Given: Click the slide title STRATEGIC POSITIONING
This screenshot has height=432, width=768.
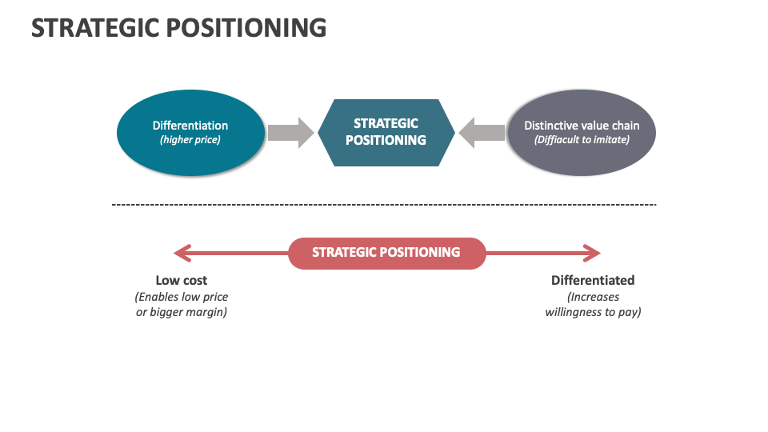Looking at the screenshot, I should tap(178, 27).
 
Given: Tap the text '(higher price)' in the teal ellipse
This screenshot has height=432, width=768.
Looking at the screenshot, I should tap(190, 140).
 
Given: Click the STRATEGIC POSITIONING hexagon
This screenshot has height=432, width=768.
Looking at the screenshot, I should tap(386, 132).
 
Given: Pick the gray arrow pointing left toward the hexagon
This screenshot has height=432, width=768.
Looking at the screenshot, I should tap(482, 132).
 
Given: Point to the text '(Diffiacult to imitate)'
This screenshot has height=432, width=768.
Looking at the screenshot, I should tap(582, 140).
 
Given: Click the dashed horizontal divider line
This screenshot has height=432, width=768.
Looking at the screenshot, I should tap(384, 205).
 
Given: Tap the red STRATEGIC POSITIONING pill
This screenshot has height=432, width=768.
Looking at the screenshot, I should tap(386, 253).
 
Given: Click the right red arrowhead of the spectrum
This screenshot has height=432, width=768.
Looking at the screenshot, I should tap(592, 254).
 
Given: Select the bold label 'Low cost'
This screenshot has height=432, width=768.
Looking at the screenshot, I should tap(182, 281).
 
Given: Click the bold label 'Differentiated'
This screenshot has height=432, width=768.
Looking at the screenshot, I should tap(593, 281).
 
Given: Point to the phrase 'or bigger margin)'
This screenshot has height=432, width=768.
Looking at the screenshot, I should tap(182, 312).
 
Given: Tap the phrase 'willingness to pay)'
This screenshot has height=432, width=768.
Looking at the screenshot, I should tap(593, 312).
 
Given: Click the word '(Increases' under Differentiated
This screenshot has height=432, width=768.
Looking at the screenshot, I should tap(593, 297).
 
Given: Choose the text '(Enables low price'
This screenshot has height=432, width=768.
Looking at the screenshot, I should tap(182, 297).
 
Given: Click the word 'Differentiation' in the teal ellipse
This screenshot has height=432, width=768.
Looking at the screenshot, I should tap(190, 126).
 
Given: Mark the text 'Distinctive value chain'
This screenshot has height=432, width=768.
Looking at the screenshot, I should tap(582, 126).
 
